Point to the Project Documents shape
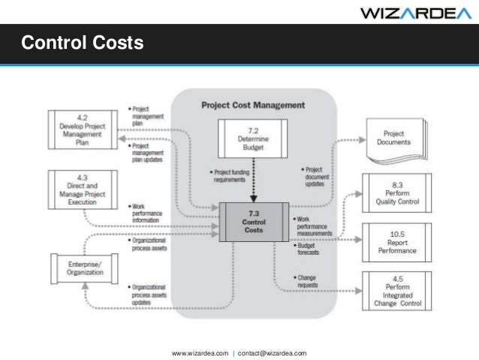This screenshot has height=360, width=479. click(x=394, y=138)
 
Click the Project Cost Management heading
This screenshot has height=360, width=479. click(x=253, y=105)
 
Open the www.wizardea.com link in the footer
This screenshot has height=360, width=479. click(x=200, y=352)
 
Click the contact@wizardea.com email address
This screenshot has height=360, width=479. click(x=272, y=352)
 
